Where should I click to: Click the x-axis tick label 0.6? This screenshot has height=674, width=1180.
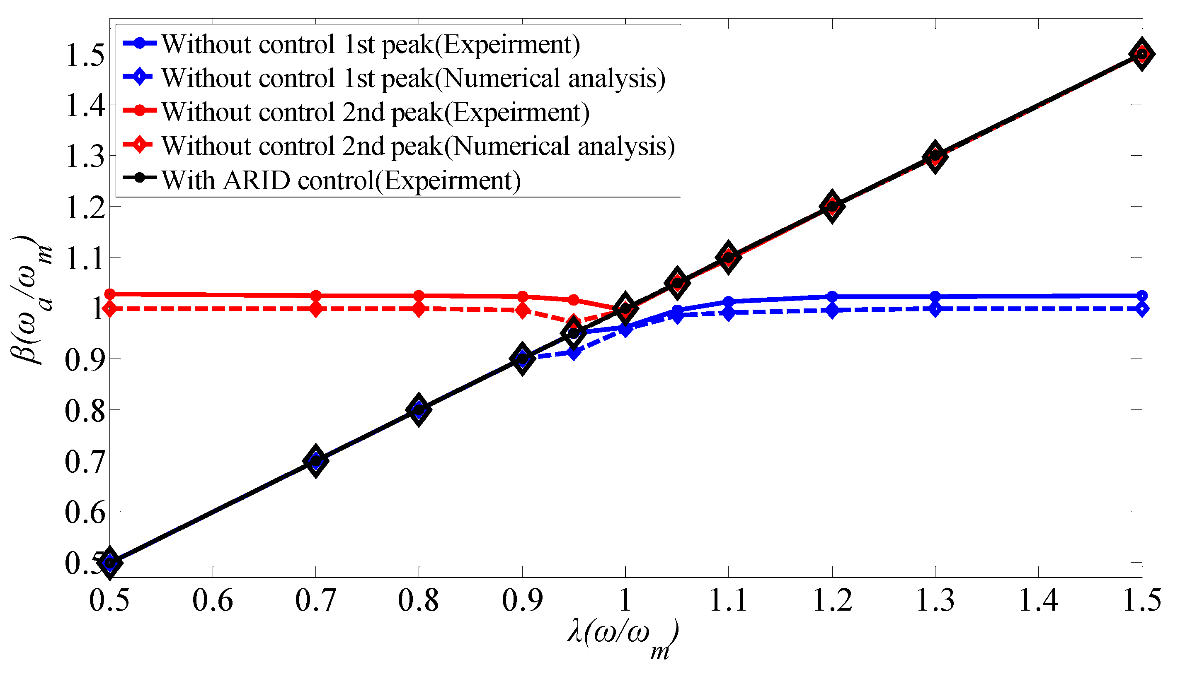click(x=213, y=601)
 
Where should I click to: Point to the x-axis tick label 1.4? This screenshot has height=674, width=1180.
click(x=1038, y=601)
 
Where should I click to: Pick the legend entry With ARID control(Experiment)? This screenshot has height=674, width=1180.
click(x=341, y=180)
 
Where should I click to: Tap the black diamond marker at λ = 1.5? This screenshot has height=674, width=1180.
click(x=1141, y=55)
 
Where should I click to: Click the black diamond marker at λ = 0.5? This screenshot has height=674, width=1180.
click(x=110, y=563)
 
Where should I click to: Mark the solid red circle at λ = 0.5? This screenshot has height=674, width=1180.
click(x=110, y=294)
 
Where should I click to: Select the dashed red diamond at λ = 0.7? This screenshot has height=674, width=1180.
click(x=316, y=309)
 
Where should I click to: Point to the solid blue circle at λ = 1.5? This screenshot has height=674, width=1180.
click(x=1142, y=296)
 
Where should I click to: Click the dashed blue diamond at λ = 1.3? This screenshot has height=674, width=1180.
click(x=935, y=309)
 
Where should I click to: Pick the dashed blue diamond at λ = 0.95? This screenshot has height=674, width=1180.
click(x=574, y=353)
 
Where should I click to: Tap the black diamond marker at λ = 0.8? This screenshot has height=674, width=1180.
click(x=419, y=410)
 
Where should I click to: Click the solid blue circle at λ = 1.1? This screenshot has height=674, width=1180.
click(x=728, y=302)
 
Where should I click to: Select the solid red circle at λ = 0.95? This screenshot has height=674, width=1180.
click(x=574, y=300)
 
